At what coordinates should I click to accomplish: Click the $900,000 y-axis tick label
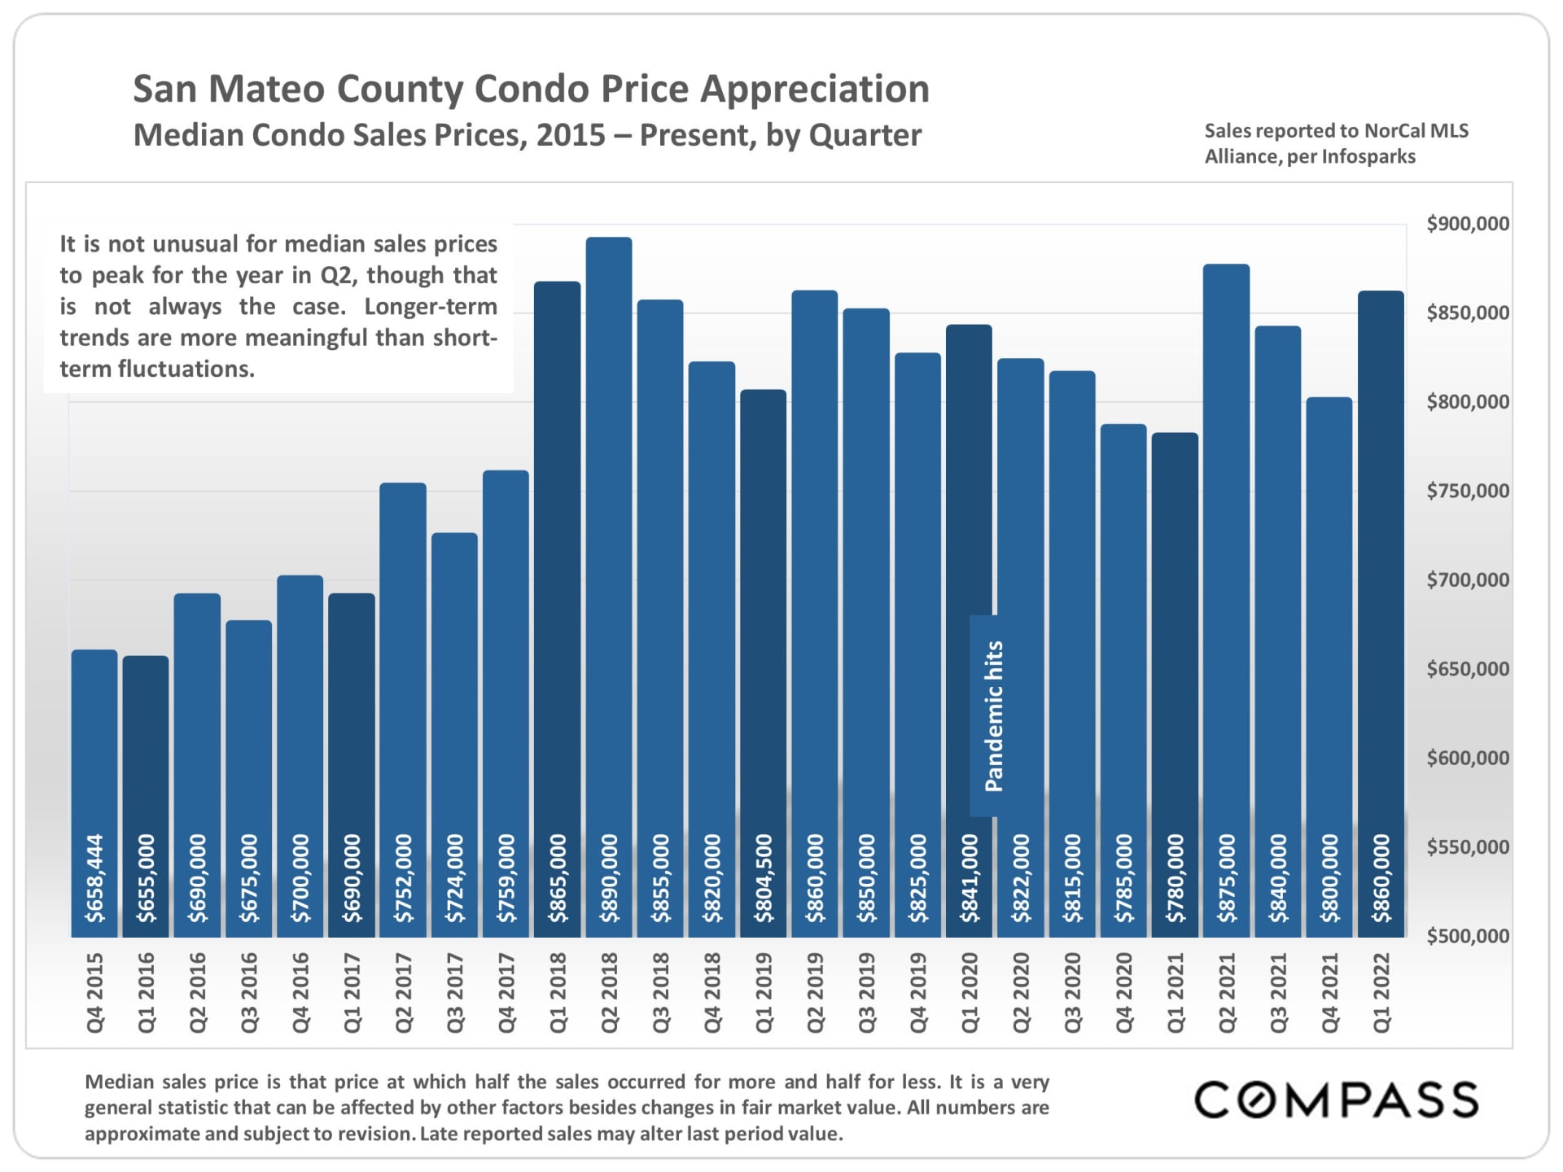(x=1467, y=224)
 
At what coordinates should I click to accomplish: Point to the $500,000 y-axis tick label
(x=1467, y=936)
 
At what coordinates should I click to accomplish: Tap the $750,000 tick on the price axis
(x=1467, y=491)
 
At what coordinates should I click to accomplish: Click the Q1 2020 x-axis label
(x=970, y=993)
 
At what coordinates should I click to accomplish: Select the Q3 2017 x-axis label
(x=455, y=993)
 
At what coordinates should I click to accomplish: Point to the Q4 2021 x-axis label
(x=1329, y=993)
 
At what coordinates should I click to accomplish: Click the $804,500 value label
(x=764, y=878)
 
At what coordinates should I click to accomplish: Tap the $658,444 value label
(x=95, y=878)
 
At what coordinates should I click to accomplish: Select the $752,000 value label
(x=404, y=878)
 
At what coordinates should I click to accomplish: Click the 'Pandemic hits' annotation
(x=994, y=716)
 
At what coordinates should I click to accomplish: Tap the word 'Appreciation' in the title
(x=815, y=89)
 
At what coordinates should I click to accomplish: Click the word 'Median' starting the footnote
(x=120, y=1082)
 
